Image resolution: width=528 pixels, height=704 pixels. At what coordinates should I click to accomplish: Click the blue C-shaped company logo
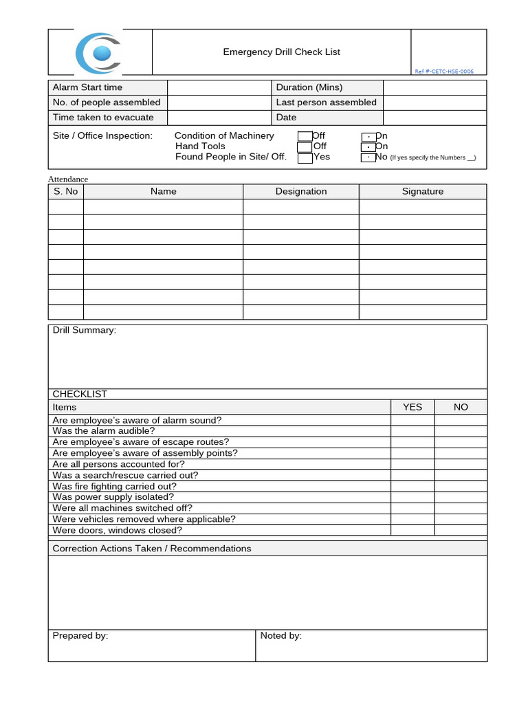coord(99,53)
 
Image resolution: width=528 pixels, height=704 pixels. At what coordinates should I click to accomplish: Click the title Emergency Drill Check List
coord(281,52)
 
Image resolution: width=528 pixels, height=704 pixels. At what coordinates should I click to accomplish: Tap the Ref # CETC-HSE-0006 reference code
coord(443,71)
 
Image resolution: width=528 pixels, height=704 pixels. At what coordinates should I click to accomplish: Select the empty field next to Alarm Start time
coord(220,87)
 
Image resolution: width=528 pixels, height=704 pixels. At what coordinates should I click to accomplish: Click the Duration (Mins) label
coord(309,87)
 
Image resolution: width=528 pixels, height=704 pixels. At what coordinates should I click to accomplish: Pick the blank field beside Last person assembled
coord(434,102)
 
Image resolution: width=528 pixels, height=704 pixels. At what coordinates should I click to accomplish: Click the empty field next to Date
coord(434,118)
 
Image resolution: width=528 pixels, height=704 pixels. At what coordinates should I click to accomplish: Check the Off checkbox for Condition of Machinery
coord(305,136)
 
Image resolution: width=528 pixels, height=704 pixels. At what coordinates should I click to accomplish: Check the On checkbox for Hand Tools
coord(368,146)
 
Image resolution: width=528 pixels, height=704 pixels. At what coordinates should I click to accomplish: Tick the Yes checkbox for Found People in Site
coord(305,157)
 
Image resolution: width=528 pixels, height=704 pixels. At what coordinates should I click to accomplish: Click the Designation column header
coord(301,192)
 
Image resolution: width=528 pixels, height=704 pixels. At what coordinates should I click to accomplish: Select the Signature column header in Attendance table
coord(422,192)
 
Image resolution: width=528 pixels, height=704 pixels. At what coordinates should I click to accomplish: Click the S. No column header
coord(66,192)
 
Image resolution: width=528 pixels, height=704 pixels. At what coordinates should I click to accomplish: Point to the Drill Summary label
coord(85,331)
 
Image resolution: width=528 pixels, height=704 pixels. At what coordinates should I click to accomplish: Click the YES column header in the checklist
coord(412,407)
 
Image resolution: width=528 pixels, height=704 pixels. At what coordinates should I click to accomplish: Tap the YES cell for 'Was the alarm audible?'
coord(412,431)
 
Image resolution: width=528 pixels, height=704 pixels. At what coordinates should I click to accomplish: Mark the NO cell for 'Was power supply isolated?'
coord(461,497)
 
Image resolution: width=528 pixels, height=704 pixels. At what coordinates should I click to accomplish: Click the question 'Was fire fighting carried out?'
coord(114,486)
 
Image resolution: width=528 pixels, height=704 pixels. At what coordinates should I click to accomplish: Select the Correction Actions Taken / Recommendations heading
coord(152,549)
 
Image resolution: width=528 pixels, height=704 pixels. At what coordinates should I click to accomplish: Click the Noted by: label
coord(281,636)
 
